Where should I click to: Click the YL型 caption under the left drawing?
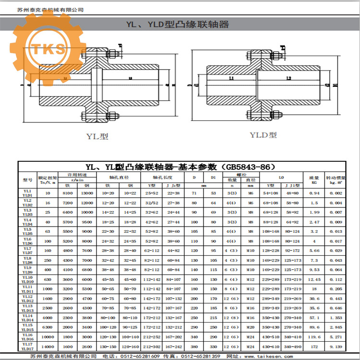pos(97,136)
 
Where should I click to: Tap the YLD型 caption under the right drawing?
pos(263,135)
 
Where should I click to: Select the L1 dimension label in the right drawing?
pos(231,78)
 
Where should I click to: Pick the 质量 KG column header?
pos(314,180)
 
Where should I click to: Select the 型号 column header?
pos(27,180)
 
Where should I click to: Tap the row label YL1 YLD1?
pos(27,193)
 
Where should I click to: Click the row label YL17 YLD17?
pos(27,347)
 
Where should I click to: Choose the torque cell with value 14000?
pos(48,347)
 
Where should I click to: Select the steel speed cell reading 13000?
pos(87,193)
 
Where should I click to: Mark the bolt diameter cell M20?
pos(250,327)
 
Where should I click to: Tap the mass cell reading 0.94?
pos(314,193)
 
